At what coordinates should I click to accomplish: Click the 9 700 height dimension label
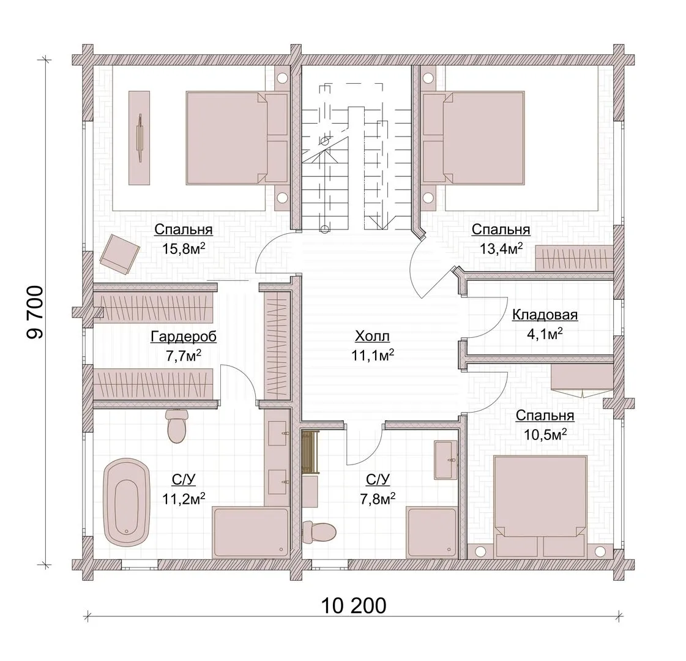coord(35,312)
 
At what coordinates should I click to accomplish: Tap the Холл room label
coord(372,337)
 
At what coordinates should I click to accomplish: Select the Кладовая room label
coord(545,315)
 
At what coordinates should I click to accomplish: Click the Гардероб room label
coord(184,337)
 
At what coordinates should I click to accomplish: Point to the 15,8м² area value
coord(184,249)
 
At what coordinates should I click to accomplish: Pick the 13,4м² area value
coord(501,249)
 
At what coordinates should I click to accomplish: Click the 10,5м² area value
coord(545,434)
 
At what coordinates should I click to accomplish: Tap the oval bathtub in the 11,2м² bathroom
coord(127,502)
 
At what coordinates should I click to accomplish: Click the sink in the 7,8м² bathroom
coord(446,460)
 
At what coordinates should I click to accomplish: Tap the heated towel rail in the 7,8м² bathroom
coord(311,452)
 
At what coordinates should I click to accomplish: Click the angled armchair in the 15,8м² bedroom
coord(119,254)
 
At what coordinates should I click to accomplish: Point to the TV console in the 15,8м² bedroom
coord(139,138)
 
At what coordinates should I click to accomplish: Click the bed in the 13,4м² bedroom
coord(474,138)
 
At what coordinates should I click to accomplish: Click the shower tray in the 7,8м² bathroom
coord(431,532)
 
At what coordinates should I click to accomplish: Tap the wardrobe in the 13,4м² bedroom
coord(575,258)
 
